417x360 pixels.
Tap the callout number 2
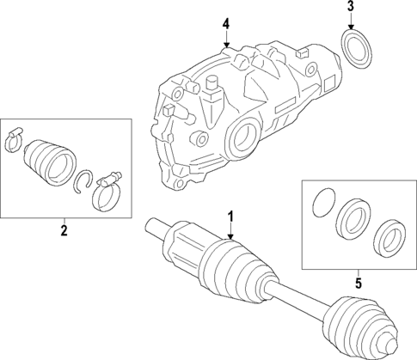[64, 229]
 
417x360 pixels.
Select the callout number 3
[351, 9]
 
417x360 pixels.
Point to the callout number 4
[226, 24]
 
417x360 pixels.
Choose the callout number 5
[359, 280]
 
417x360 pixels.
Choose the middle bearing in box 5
[352, 217]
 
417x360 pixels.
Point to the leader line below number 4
[226, 39]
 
